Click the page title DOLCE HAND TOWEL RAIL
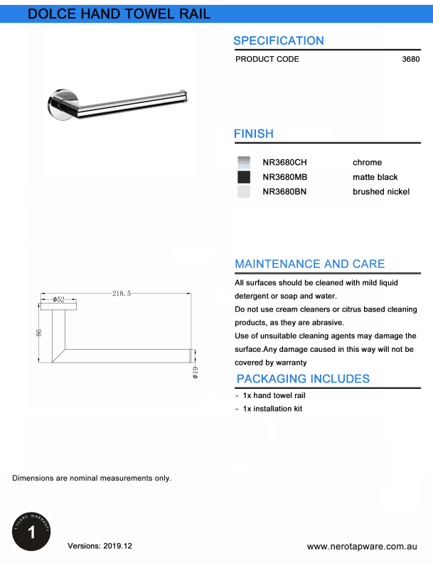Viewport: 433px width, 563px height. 119,14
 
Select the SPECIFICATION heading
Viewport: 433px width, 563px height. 278,41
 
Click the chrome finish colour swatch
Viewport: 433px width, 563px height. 244,162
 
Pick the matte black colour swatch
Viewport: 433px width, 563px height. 244,177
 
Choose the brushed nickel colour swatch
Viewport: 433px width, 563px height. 244,191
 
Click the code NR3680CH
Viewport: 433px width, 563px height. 284,162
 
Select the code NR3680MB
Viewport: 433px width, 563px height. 284,177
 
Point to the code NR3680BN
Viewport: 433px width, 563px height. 284,191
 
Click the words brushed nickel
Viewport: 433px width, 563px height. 380,191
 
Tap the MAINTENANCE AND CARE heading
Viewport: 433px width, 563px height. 309,264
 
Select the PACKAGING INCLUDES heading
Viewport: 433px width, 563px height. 303,379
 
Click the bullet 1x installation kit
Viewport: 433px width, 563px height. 272,409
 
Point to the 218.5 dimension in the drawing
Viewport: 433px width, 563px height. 122,293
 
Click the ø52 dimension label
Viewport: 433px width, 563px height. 58,300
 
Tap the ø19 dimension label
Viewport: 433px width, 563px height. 196,371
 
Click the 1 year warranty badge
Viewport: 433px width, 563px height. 31,530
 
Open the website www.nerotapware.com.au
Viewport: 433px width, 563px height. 361,546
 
